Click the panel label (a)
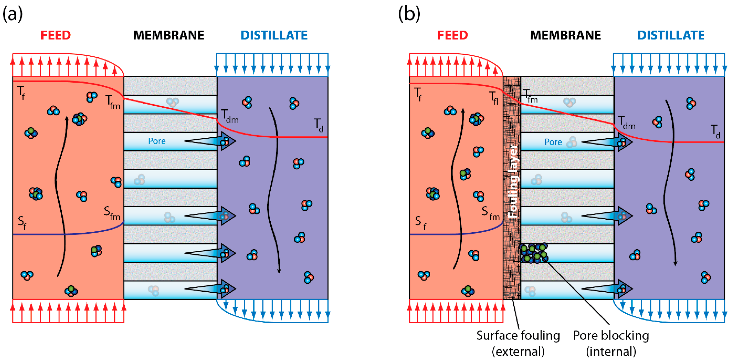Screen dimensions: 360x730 tap(13, 14)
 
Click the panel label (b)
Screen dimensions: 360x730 tap(409, 14)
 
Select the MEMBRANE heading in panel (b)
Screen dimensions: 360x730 tap(565, 35)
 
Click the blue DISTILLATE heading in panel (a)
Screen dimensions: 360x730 tap(274, 35)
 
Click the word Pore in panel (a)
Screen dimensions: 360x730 tap(157, 141)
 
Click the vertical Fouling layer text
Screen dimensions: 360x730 tap(513, 181)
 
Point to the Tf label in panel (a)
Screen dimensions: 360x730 tap(21, 93)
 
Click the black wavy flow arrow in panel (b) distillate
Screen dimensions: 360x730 tap(669, 184)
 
